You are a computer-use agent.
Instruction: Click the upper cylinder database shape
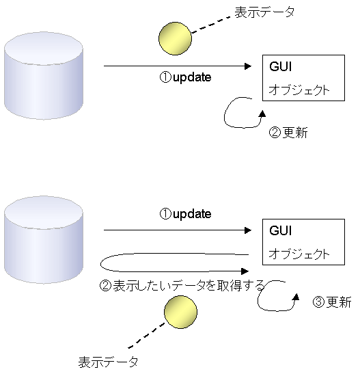click(44, 76)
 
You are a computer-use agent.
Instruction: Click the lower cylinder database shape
click(44, 240)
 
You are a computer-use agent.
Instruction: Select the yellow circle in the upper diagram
click(175, 39)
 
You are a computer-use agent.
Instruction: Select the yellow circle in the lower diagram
click(180, 312)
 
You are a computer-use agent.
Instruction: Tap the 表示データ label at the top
click(264, 12)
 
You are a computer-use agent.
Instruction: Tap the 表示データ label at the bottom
click(108, 362)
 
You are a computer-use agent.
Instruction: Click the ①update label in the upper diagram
click(185, 77)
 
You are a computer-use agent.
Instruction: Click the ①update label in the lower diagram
click(185, 214)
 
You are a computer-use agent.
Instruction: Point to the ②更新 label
click(288, 133)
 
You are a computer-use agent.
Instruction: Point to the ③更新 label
click(332, 302)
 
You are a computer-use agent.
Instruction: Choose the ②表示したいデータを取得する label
click(182, 286)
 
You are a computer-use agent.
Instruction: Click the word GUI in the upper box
click(281, 66)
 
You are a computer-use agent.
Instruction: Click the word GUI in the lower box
click(281, 230)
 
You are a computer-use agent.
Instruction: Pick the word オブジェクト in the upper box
click(299, 90)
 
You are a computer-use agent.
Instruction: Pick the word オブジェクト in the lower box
click(299, 254)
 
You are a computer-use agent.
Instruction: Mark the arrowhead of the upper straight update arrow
click(248, 66)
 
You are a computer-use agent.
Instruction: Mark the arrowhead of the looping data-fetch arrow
click(245, 271)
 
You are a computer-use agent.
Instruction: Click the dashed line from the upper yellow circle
click(211, 25)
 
